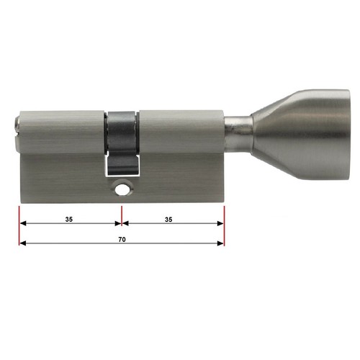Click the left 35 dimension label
coord(69,219)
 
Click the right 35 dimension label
coord(168,220)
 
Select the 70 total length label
coord(122,240)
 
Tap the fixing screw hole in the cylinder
coord(122,189)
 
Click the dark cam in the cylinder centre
coord(122,143)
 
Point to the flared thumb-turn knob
coord(301,135)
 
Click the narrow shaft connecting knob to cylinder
coord(238,132)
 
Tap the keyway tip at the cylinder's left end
coord(17,132)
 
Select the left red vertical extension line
coord(19,225)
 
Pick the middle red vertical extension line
coord(122,216)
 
